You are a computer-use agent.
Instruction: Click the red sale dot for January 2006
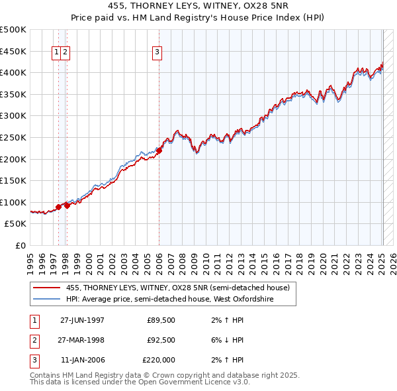(159, 151)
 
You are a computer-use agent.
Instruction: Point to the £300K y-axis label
(13, 116)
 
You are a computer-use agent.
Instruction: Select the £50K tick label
(16, 224)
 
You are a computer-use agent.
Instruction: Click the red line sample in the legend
(46, 288)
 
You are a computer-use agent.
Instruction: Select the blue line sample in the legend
(46, 300)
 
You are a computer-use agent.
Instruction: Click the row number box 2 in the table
(34, 340)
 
